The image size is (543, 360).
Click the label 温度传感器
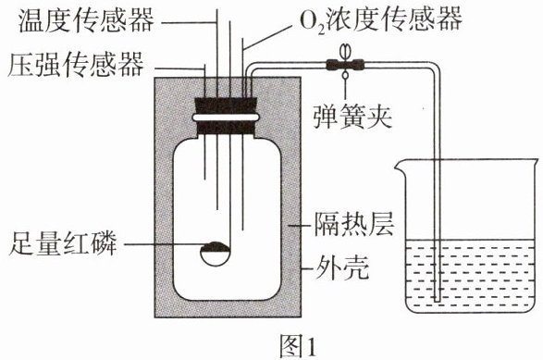tap(86, 20)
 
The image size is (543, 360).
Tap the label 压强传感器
tap(76, 65)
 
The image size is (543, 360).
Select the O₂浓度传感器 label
tap(380, 19)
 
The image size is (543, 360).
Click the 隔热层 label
tap(354, 224)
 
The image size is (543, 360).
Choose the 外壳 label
tap(341, 267)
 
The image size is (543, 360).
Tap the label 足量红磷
tap(64, 243)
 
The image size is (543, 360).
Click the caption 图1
tap(298, 346)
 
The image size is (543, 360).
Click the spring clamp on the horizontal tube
tap(345, 64)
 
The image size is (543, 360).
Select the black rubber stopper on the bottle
tap(226, 116)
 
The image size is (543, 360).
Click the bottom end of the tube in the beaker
tap(438, 300)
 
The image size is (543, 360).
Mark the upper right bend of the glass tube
tap(434, 67)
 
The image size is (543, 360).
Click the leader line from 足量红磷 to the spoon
tap(163, 244)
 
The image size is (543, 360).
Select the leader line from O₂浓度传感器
tap(266, 37)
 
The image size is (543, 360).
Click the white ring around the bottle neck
tap(226, 118)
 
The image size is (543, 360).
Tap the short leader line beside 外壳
tap(307, 269)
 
